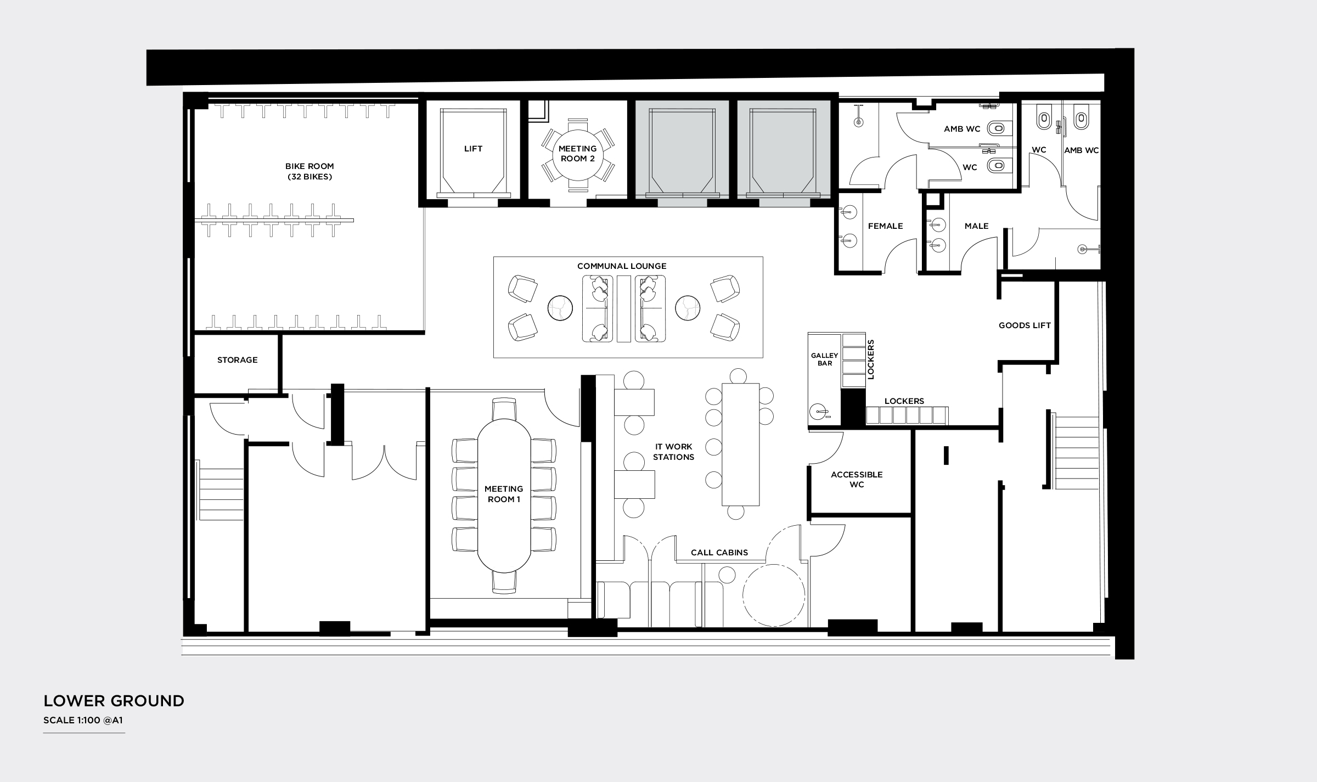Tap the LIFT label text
[x=473, y=149]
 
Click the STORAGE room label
[x=237, y=360]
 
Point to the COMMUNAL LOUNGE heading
[x=622, y=266]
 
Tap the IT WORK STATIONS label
[x=673, y=452]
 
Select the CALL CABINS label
[x=719, y=553]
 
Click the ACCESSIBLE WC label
[x=857, y=479]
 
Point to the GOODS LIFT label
[x=1025, y=325]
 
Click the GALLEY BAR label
[x=824, y=359]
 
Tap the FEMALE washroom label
[x=885, y=226]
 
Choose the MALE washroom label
[x=976, y=226]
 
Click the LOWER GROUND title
[x=114, y=701]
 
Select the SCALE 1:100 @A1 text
[x=83, y=721]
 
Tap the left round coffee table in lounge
[x=560, y=308]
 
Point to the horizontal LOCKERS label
[x=904, y=401]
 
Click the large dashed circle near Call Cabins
[x=774, y=595]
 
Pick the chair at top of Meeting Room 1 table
[x=504, y=409]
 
